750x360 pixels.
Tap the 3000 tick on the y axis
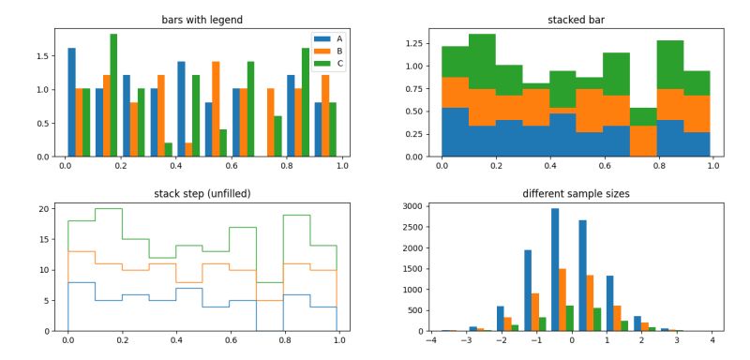(x=410, y=205)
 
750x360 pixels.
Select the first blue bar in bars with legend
(x=71, y=102)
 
